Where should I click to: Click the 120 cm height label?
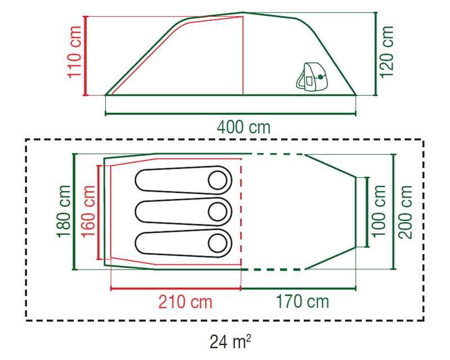point(387,54)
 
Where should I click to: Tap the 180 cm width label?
point(63,211)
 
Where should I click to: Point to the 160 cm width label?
point(88,211)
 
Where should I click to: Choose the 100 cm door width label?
point(381,211)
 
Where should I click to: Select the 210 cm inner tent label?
point(186,302)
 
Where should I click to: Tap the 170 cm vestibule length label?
point(302,302)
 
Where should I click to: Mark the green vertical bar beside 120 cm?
point(375,54)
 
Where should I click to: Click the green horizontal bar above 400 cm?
point(231,115)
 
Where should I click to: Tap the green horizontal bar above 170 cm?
point(298,289)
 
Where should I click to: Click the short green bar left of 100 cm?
point(367,211)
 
